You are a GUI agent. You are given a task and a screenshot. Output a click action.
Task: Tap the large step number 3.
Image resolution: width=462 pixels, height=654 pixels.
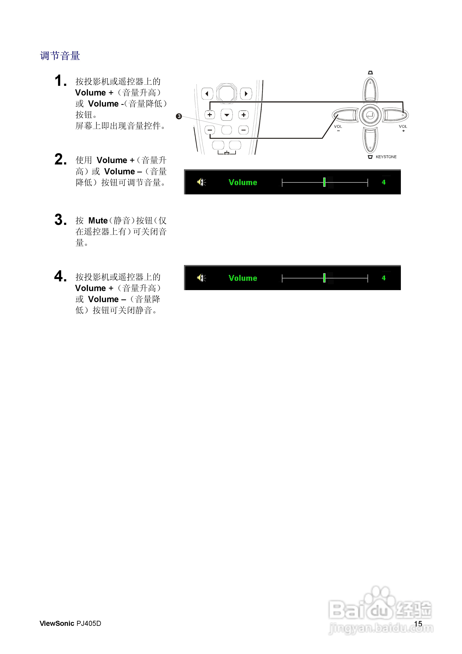(60, 220)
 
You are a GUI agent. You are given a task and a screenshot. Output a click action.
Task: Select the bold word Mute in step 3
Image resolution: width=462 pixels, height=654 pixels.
(98, 221)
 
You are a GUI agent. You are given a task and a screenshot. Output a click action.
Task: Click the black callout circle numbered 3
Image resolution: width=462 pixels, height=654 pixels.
(179, 116)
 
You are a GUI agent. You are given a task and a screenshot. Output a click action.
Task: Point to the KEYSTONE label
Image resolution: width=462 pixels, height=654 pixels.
(386, 157)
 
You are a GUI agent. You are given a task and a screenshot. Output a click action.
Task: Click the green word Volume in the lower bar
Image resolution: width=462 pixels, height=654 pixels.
(243, 278)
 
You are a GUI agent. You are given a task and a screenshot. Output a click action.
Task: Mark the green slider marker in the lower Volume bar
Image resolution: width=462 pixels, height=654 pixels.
(324, 278)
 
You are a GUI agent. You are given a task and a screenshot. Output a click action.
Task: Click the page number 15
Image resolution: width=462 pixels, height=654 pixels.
(418, 624)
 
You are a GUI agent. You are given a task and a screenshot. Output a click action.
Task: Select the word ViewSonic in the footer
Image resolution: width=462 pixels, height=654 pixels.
(57, 624)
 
